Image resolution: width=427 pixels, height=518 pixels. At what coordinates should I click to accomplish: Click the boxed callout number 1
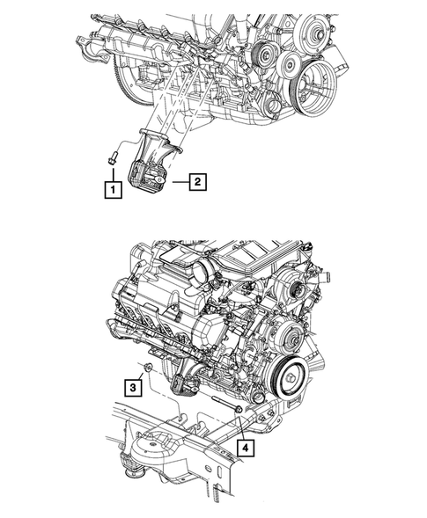click(x=112, y=187)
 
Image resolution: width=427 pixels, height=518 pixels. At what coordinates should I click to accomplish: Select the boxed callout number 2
click(x=199, y=182)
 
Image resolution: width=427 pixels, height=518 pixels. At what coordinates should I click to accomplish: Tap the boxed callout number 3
click(x=130, y=384)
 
